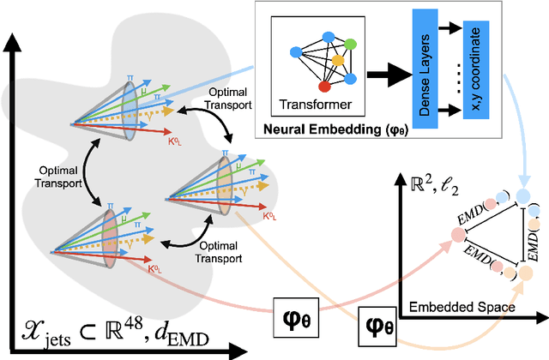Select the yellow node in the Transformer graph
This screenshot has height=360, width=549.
339,60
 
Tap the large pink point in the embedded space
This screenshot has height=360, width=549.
454,237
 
